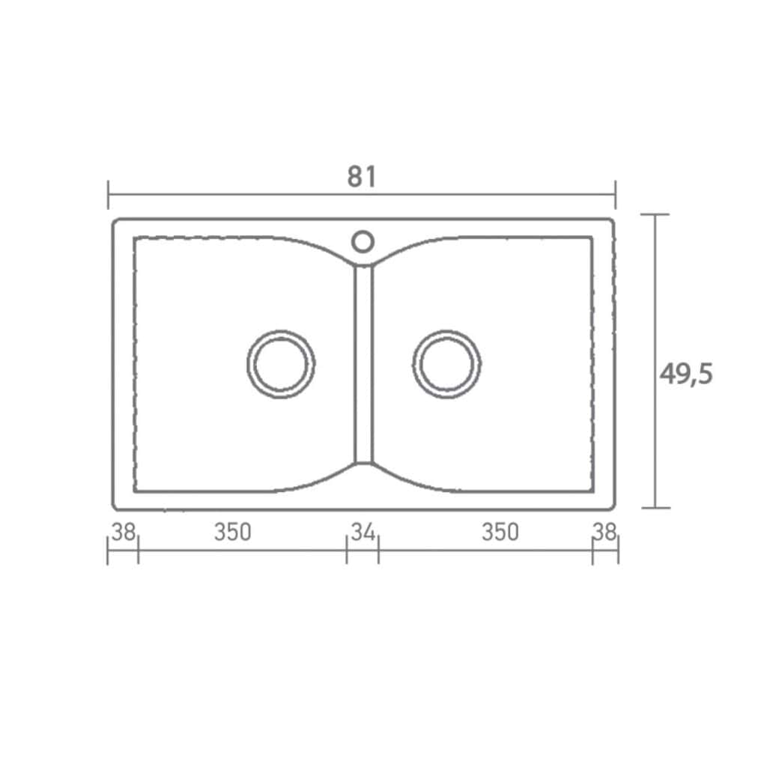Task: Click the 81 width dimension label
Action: [362, 177]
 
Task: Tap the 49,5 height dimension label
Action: [686, 375]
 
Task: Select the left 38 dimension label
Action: [124, 533]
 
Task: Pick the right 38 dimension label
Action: [605, 533]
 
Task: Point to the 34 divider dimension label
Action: [363, 533]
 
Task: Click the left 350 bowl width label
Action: [233, 533]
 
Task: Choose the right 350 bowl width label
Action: [500, 533]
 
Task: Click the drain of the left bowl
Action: [281, 330]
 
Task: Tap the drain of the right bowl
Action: [446, 330]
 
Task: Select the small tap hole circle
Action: [363, 231]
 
